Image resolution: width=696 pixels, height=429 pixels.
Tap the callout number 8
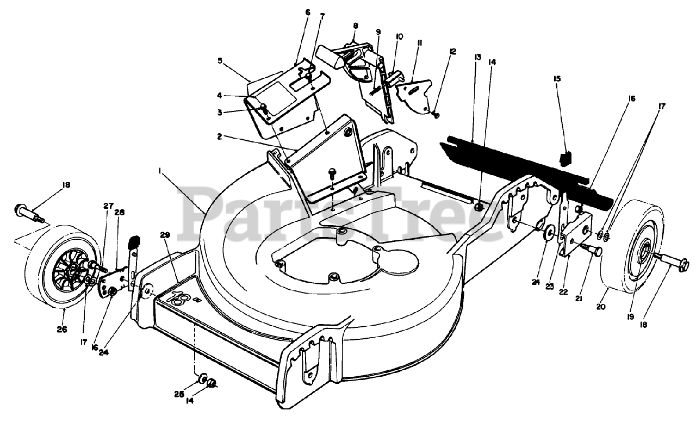coord(356,25)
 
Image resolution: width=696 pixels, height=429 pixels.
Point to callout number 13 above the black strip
coord(477,57)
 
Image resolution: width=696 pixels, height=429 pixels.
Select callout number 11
coord(419,42)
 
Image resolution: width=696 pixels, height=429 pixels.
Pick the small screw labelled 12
coord(436,114)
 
